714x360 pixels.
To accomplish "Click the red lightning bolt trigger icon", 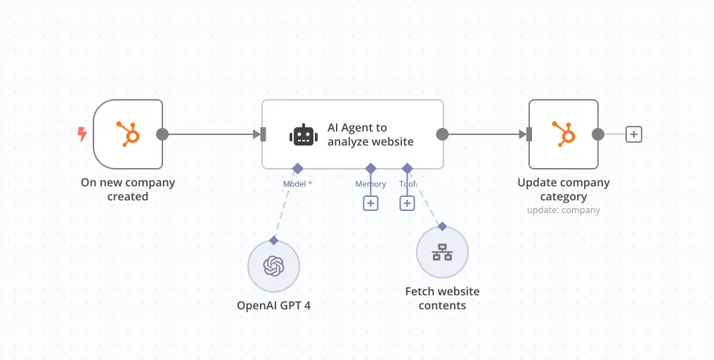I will pyautogui.click(x=82, y=134).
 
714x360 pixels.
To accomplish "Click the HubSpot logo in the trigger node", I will pyautogui.click(x=128, y=134).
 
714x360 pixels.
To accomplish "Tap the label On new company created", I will pyautogui.click(x=128, y=189).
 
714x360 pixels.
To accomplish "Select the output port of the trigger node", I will pyautogui.click(x=162, y=134).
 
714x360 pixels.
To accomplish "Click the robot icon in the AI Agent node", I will pyautogui.click(x=303, y=134).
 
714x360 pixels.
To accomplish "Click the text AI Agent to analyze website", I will pyautogui.click(x=370, y=134).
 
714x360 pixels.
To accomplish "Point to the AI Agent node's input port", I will pyautogui.click(x=263, y=134).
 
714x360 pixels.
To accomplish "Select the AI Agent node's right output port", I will pyautogui.click(x=442, y=134).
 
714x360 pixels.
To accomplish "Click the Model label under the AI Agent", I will pyautogui.click(x=295, y=184).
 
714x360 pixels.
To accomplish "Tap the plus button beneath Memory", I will pyautogui.click(x=370, y=203).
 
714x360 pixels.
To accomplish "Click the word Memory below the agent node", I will pyautogui.click(x=370, y=184).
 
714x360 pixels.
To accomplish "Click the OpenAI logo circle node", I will pyautogui.click(x=274, y=266).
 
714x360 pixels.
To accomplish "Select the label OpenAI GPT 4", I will pyautogui.click(x=274, y=306).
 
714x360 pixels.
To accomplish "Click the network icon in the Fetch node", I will pyautogui.click(x=442, y=252).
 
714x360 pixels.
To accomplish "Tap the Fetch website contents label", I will pyautogui.click(x=442, y=298).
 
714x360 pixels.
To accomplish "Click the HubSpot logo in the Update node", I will pyautogui.click(x=564, y=134).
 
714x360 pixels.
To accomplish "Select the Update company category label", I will pyautogui.click(x=564, y=189).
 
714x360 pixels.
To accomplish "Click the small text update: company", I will pyautogui.click(x=564, y=210).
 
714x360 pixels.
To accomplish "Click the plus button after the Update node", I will pyautogui.click(x=634, y=134).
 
